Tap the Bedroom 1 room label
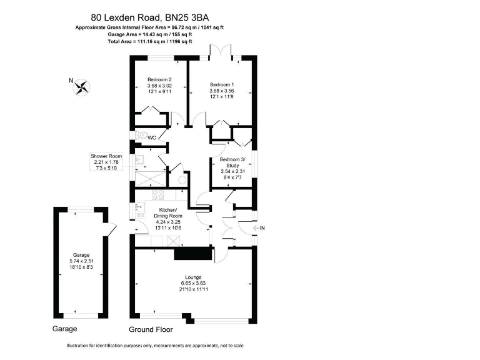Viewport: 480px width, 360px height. [x=222, y=84]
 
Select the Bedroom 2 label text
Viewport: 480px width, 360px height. [x=159, y=79]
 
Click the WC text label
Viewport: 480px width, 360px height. [x=152, y=137]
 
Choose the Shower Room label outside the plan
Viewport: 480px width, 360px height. [x=106, y=157]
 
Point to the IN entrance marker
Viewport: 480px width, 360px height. [x=262, y=227]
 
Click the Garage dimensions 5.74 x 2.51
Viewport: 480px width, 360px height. [x=81, y=261]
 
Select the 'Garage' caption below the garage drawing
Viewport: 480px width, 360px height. [x=64, y=329]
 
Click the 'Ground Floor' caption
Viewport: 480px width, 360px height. [x=151, y=329]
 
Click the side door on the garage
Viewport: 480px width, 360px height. [x=111, y=230]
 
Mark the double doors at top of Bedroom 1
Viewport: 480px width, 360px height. [x=222, y=52]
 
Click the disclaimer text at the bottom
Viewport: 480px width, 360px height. [x=154, y=346]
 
